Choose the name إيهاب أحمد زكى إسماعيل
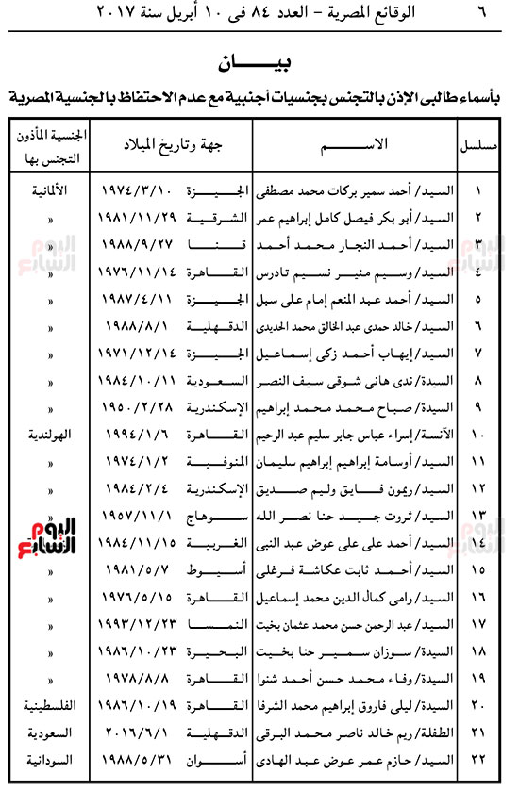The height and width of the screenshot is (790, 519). click(x=377, y=354)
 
